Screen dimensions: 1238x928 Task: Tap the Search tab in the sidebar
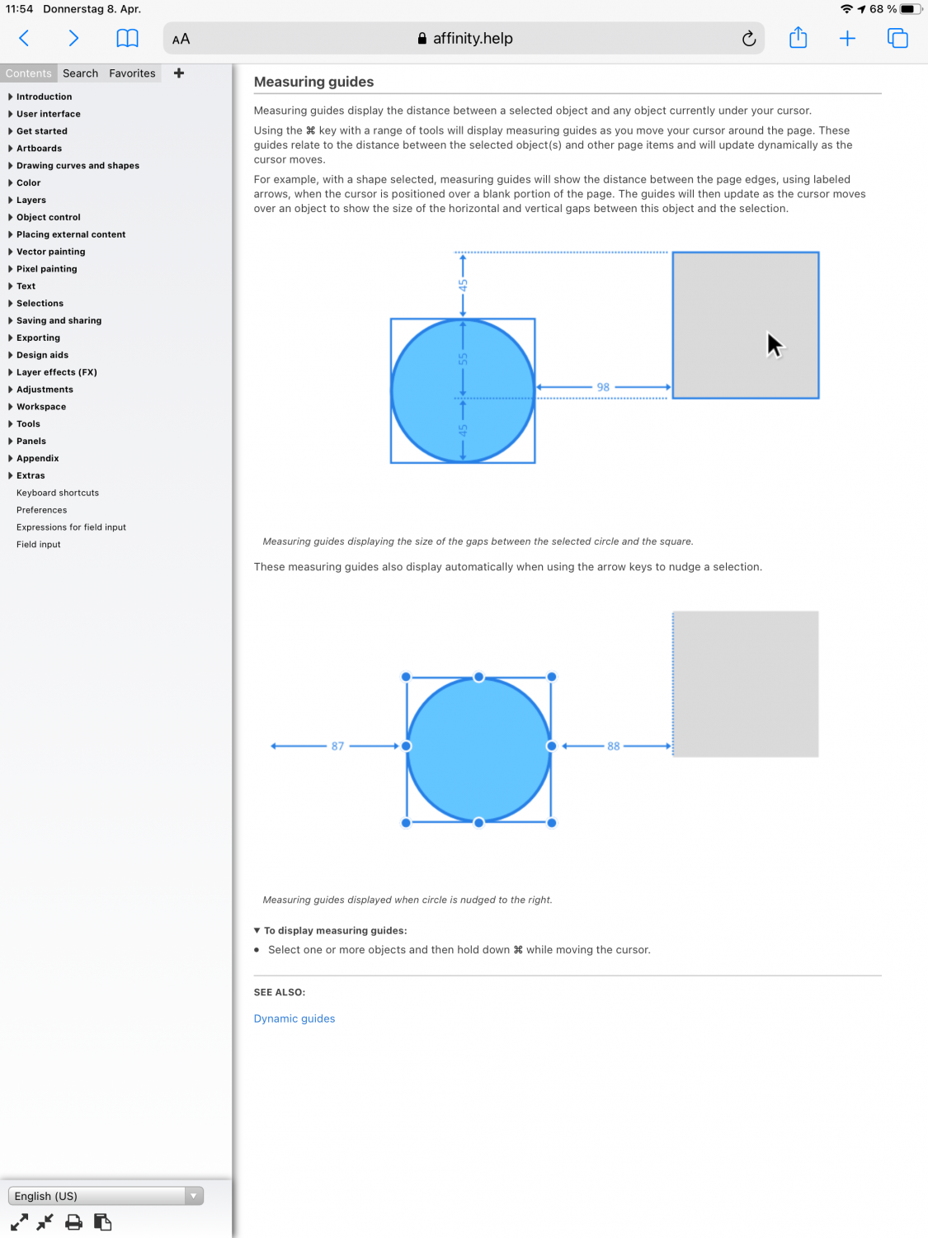80,73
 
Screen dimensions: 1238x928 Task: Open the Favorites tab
132,73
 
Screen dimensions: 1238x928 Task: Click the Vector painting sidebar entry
50,252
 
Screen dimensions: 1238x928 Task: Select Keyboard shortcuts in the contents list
58,493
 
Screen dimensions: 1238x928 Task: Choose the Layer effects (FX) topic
56,372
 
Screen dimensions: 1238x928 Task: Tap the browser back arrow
24,38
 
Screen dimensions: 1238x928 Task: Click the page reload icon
748,39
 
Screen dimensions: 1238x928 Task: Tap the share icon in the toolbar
798,38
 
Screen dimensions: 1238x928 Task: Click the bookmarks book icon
127,39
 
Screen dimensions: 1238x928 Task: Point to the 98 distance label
603,387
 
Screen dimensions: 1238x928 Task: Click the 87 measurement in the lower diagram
337,746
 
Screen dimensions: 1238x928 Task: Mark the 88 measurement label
613,746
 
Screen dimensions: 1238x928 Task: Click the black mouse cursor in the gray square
774,344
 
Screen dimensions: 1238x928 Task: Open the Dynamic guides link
294,1018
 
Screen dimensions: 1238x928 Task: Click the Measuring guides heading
313,82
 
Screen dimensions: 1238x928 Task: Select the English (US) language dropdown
106,1196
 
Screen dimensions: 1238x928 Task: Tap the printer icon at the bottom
73,1222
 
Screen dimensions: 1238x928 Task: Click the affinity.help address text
473,39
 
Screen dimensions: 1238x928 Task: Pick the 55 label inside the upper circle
463,359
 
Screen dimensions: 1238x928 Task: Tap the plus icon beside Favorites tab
179,73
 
